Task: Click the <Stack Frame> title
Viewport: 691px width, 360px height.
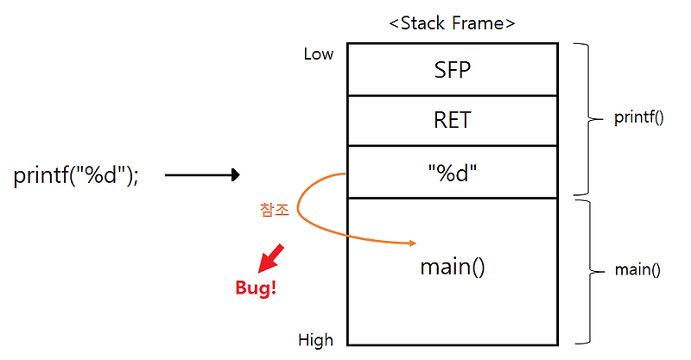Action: (x=452, y=23)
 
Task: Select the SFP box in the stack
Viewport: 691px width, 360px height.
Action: (x=453, y=70)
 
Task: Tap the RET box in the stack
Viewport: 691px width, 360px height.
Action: (x=453, y=120)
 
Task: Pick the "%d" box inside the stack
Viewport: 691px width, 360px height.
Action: (x=453, y=171)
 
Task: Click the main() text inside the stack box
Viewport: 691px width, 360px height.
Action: (x=453, y=267)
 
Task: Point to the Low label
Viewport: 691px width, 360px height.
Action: (x=318, y=54)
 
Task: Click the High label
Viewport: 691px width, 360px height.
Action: (x=316, y=339)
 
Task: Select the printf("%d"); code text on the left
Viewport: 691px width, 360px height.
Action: (x=76, y=175)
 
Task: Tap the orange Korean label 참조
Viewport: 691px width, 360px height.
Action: (x=273, y=210)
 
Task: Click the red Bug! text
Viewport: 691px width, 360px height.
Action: (x=256, y=288)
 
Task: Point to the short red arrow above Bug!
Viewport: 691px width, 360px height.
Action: (x=273, y=256)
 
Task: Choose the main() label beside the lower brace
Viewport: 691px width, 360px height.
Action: (x=637, y=270)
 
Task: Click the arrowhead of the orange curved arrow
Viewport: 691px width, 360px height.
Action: (x=412, y=243)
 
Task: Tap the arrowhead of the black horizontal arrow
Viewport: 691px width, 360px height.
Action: (x=234, y=175)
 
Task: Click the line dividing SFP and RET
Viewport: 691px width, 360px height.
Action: (x=453, y=95)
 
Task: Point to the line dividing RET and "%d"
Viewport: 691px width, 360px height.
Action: (x=453, y=146)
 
